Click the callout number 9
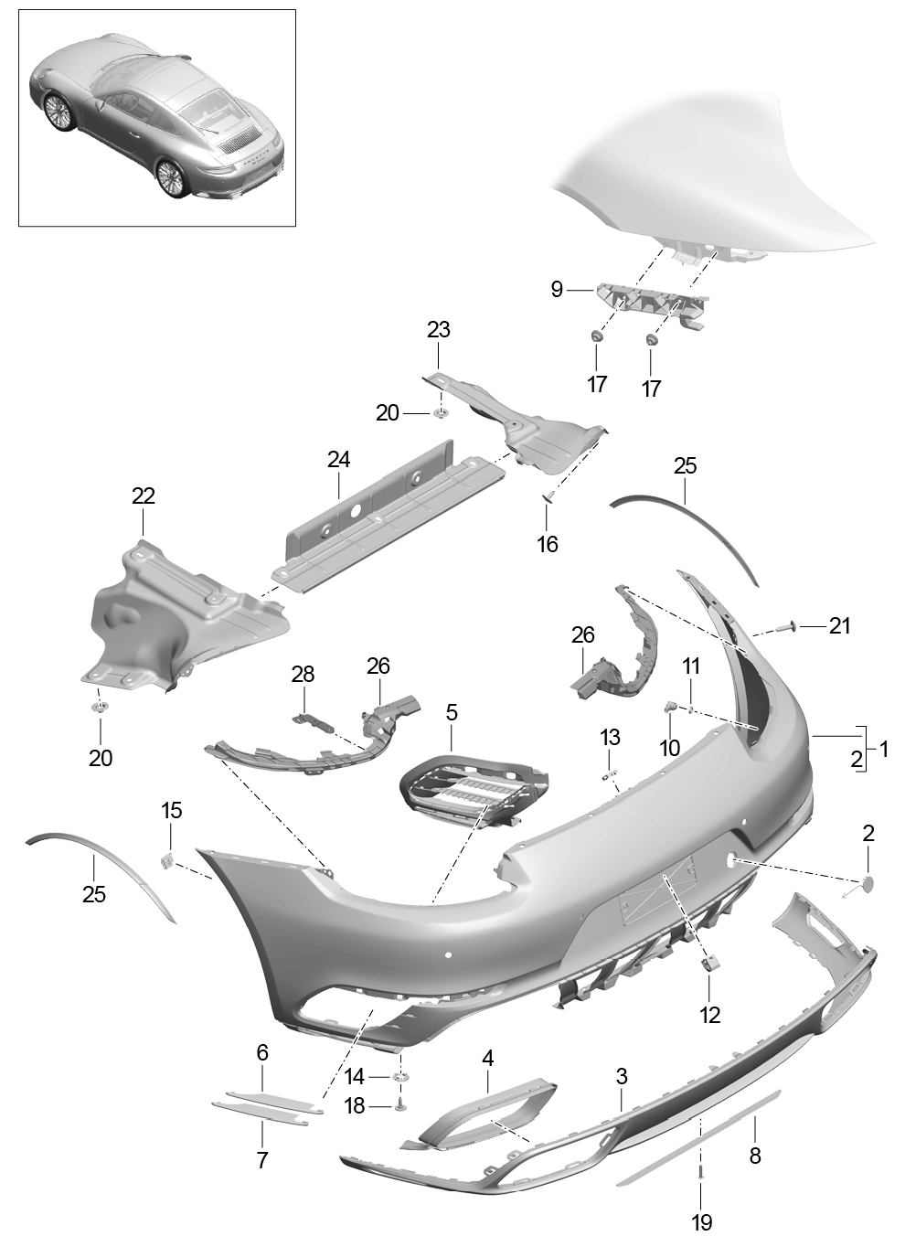[x=557, y=291]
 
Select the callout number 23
[x=439, y=329]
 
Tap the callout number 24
[x=338, y=459]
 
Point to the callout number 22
[x=144, y=496]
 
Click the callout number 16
[x=547, y=544]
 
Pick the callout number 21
[x=839, y=626]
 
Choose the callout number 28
[x=303, y=675]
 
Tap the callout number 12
[x=709, y=1014]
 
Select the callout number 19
[x=701, y=1221]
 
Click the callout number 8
[x=755, y=1156]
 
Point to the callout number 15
[x=172, y=810]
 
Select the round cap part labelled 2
[x=867, y=883]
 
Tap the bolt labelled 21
[x=786, y=627]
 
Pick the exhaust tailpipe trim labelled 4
[x=484, y=1112]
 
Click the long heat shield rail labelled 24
[x=384, y=512]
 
